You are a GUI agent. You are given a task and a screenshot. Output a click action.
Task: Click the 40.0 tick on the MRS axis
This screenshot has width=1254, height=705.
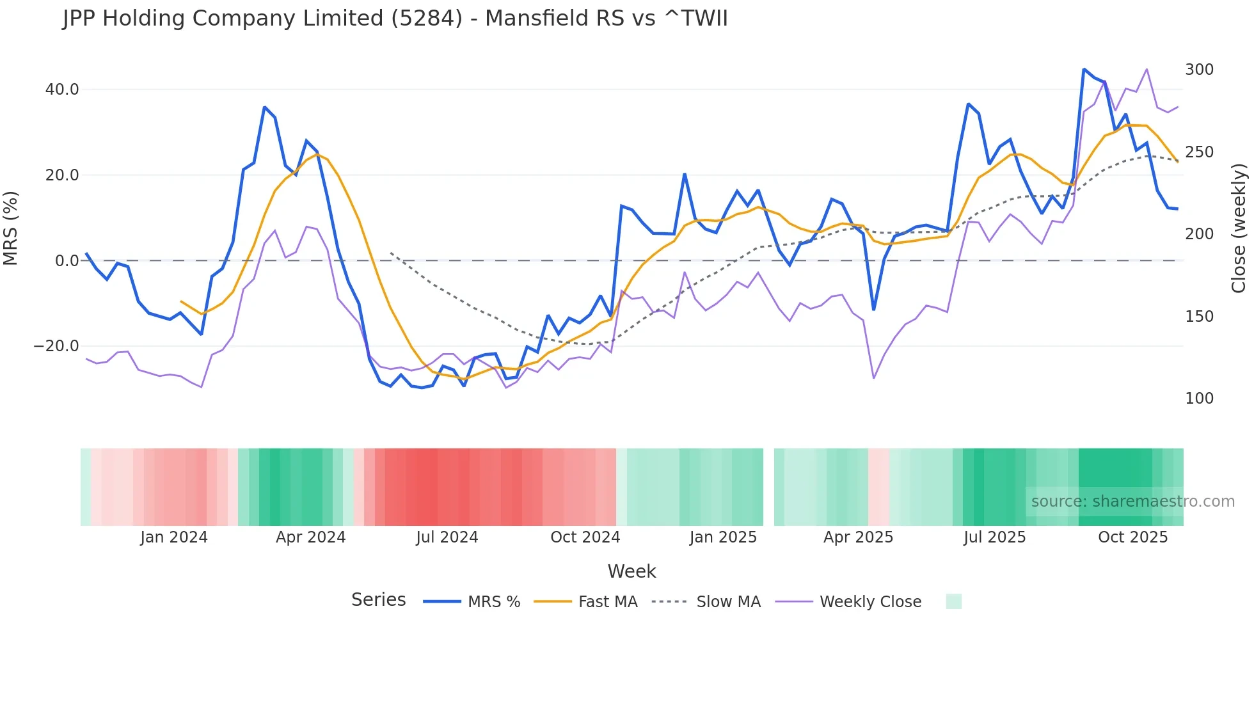(x=61, y=90)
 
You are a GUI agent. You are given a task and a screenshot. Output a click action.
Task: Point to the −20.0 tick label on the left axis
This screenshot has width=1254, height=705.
(x=56, y=346)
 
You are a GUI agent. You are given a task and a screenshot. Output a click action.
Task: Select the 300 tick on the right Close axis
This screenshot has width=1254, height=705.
(x=1199, y=70)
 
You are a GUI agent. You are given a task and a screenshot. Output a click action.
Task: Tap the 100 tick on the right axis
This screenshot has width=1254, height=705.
(x=1199, y=399)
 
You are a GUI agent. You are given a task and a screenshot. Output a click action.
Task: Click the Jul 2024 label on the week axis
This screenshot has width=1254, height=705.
(x=447, y=537)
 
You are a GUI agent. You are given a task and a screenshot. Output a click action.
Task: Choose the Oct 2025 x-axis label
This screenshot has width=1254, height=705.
(x=1132, y=537)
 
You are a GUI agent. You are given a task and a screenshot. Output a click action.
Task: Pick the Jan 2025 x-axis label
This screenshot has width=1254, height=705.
(x=723, y=537)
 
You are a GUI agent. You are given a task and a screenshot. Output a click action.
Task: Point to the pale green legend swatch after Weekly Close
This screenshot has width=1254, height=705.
(x=953, y=601)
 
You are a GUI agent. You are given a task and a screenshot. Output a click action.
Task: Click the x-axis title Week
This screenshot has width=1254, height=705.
(x=631, y=571)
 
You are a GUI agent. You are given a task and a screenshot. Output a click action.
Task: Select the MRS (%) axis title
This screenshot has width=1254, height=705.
(x=11, y=228)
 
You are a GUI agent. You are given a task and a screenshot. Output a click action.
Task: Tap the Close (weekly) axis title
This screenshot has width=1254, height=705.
(x=1239, y=228)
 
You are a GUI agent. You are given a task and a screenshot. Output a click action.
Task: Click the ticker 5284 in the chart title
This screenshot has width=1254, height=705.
(x=426, y=19)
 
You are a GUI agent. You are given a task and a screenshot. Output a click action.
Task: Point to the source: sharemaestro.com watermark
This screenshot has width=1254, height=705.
(x=1132, y=502)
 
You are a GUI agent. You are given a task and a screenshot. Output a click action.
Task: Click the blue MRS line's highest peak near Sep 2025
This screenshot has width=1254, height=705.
(x=1084, y=69)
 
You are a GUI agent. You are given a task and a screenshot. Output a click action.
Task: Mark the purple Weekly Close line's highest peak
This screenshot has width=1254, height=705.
(x=1147, y=69)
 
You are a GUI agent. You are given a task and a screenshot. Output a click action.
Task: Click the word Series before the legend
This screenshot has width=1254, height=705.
(x=378, y=600)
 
